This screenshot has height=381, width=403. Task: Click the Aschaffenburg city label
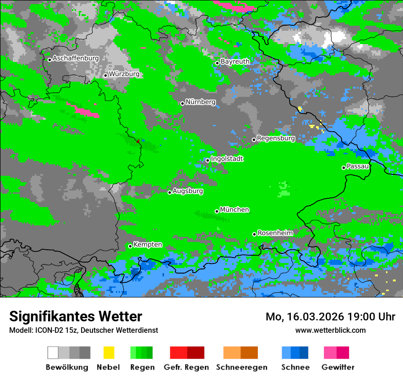[x=76, y=58]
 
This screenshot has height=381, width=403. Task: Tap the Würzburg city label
[x=124, y=74]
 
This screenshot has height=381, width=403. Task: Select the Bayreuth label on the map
[x=235, y=62]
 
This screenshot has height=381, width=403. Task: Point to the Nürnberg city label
[x=200, y=102]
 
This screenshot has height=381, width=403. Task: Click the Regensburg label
[x=276, y=138]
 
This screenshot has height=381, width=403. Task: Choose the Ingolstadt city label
[x=227, y=159]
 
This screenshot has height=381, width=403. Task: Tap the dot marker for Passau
[x=343, y=168]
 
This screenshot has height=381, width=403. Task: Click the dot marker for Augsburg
[x=169, y=192]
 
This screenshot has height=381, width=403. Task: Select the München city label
[x=234, y=210]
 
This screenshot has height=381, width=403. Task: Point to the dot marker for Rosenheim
[x=254, y=234]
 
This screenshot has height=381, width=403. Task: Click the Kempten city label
[x=147, y=245]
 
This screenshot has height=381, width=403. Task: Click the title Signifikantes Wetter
[x=76, y=316]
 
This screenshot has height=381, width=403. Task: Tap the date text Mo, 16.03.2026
[x=305, y=317]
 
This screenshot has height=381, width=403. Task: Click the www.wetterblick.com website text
[x=330, y=330]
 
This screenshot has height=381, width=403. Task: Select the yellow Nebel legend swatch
[x=109, y=353]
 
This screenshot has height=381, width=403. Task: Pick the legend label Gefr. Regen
[x=186, y=367]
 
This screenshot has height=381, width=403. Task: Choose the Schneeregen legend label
[x=241, y=367]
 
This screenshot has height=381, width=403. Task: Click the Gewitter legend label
[x=338, y=367]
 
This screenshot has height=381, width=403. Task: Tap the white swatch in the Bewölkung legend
[x=53, y=353]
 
